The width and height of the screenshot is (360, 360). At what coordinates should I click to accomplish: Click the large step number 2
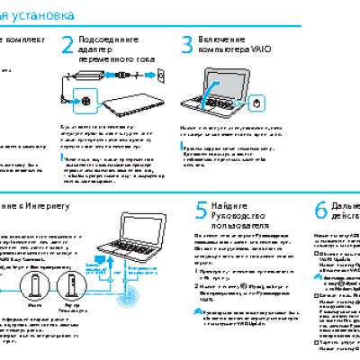69,47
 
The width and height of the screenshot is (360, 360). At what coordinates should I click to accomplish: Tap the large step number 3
187,47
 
